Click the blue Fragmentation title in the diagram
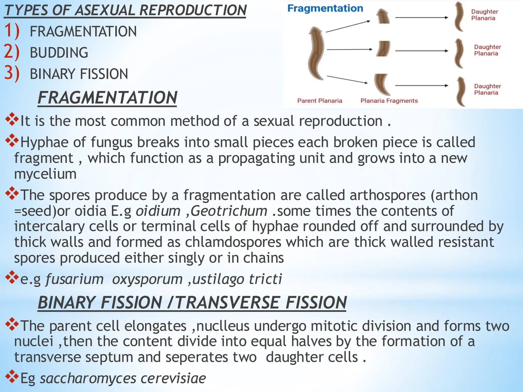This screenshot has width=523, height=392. (x=325, y=8)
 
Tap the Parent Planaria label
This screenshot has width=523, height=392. (x=319, y=101)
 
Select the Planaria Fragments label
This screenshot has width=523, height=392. (x=389, y=101)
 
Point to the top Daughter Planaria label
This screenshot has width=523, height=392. (x=484, y=15)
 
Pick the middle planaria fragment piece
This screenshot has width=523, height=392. (x=383, y=48)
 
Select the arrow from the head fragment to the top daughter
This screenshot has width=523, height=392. (x=421, y=18)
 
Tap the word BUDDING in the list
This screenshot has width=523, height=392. (x=59, y=53)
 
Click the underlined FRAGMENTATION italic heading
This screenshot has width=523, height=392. (x=107, y=98)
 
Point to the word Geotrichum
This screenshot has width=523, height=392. (x=229, y=211)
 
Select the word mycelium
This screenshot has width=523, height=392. (x=45, y=174)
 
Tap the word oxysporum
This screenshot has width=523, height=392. (x=147, y=279)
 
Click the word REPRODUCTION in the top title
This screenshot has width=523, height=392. (x=193, y=10)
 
